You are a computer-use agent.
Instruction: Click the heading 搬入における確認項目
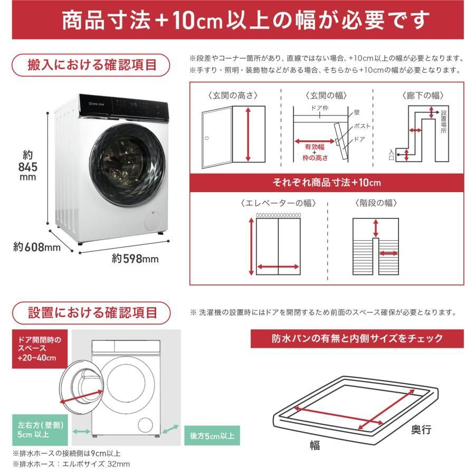[92, 65]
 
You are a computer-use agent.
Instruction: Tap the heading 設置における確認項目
[92, 312]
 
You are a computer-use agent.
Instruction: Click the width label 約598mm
[135, 259]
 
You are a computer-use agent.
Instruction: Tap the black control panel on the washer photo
[129, 106]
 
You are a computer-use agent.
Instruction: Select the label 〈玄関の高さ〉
[233, 96]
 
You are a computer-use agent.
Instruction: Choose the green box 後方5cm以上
[211, 436]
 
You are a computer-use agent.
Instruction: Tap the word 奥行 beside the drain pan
[421, 430]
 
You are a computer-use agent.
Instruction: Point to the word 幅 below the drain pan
[315, 445]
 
